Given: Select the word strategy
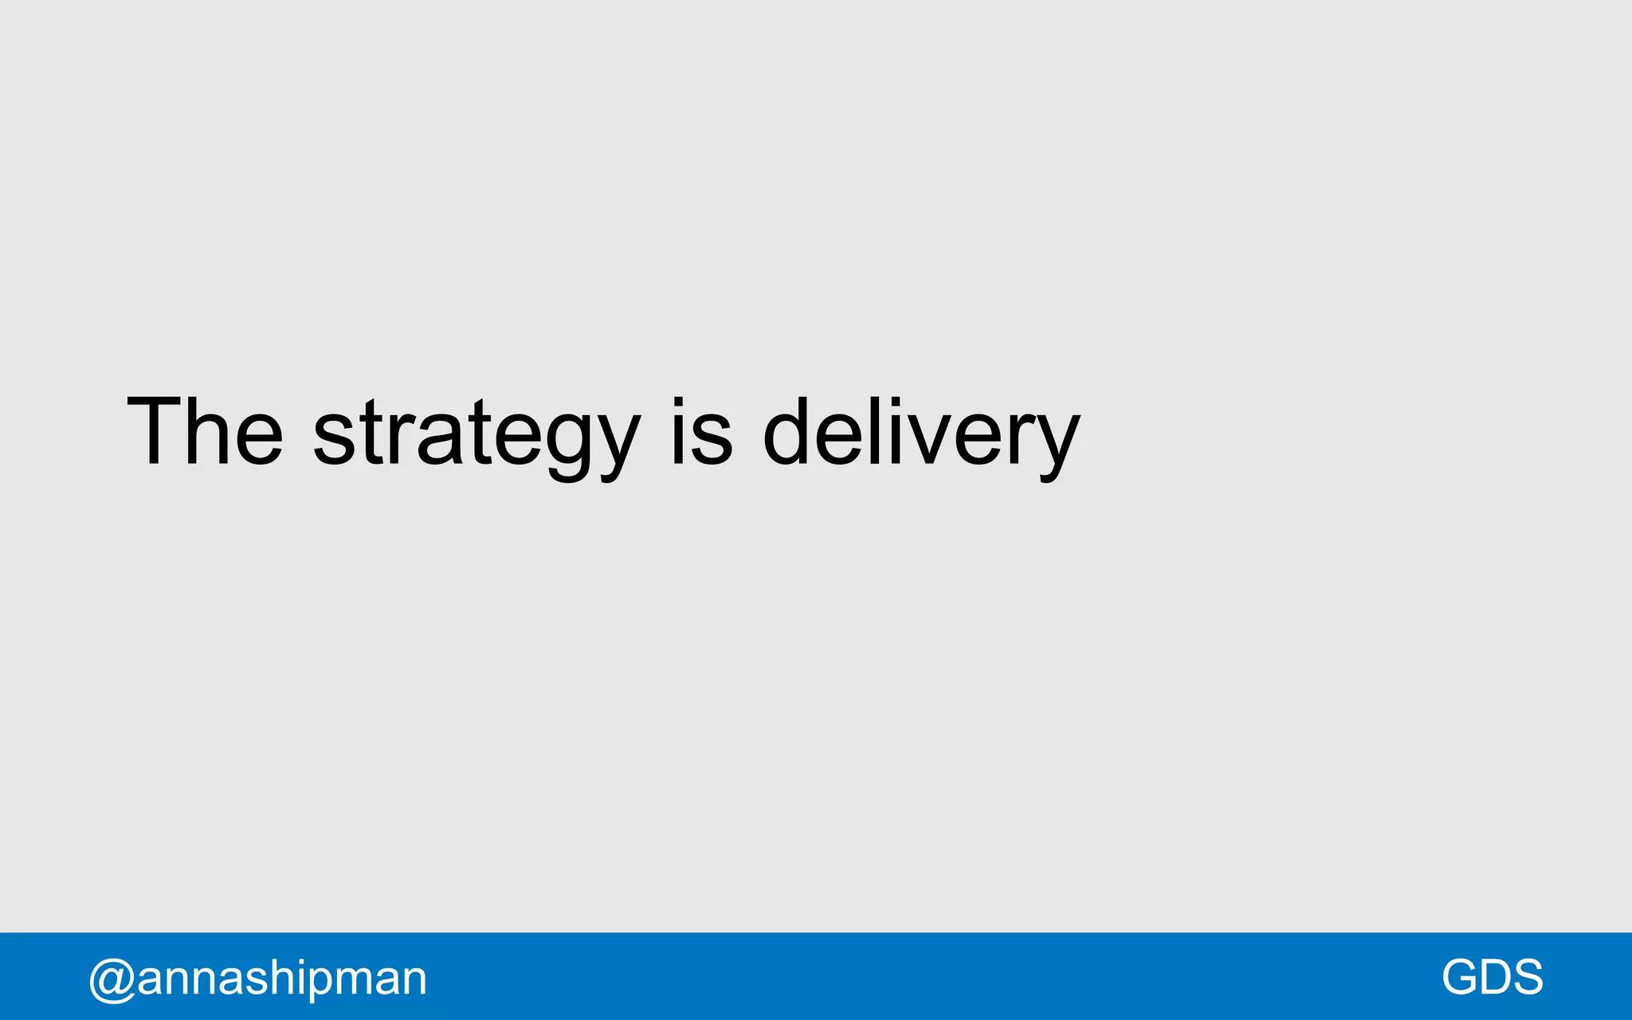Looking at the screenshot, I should (476, 434).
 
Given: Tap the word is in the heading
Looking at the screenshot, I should (700, 431).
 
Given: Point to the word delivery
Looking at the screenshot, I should (920, 434).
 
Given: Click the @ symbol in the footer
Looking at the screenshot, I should (111, 979).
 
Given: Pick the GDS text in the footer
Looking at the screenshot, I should (1492, 977).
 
